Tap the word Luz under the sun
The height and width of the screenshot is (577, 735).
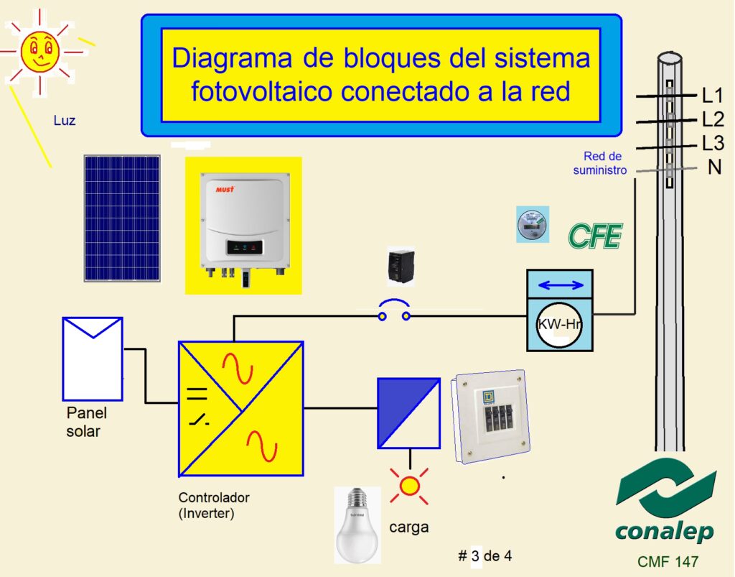click(x=65, y=121)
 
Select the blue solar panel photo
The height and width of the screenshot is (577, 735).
click(x=122, y=218)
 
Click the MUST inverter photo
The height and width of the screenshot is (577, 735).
click(x=243, y=226)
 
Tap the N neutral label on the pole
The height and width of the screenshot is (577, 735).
click(x=714, y=167)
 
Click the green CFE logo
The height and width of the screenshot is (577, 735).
click(x=595, y=236)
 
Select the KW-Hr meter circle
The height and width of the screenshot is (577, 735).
click(x=560, y=324)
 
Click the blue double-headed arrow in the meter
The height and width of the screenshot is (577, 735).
click(x=561, y=286)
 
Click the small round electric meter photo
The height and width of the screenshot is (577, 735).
click(x=533, y=224)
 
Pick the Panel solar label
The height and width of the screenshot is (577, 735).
click(x=86, y=422)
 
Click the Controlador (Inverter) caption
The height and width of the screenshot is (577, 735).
click(x=213, y=505)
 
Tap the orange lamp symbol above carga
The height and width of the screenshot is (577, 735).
click(x=409, y=486)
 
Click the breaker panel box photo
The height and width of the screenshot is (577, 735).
click(x=493, y=418)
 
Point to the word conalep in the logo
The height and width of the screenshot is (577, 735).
click(x=664, y=532)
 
